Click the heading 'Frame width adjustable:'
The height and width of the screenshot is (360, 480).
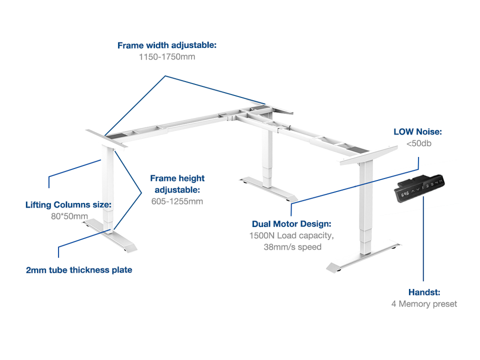167,45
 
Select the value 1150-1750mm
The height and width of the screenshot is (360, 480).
167,56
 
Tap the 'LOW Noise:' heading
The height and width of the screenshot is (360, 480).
417,131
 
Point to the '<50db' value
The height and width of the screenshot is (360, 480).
419,143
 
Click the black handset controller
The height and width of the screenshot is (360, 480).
419,188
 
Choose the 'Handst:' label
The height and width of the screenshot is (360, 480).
424,292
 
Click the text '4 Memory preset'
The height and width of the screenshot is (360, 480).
424,304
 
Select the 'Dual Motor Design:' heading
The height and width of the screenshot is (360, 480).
291,224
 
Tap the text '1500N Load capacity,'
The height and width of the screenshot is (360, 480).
291,235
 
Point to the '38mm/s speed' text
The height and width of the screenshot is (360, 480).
292,247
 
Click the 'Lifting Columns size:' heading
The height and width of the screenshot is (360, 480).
68,205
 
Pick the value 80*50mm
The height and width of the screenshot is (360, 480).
69,216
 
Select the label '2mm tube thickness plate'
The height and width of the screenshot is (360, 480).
79,270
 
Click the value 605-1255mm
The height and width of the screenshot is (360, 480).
177,201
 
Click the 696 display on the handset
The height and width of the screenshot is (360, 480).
404,194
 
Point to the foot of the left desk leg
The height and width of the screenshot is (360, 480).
109,235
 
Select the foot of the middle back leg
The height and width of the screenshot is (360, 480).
268,188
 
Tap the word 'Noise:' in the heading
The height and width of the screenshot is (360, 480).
429,131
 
